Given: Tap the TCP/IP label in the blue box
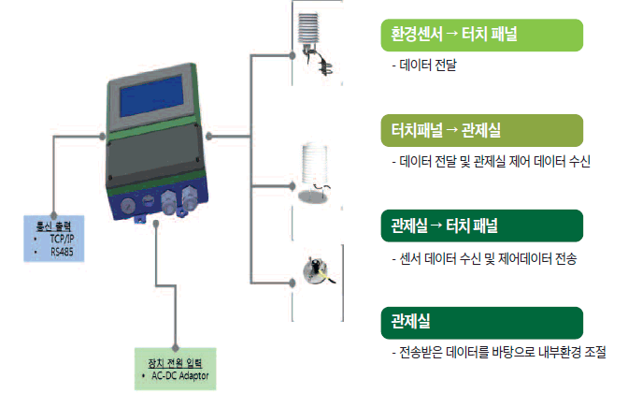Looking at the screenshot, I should coord(63,239).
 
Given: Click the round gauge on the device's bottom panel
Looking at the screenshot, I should coord(127,202).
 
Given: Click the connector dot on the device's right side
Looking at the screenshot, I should coord(209,137).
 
